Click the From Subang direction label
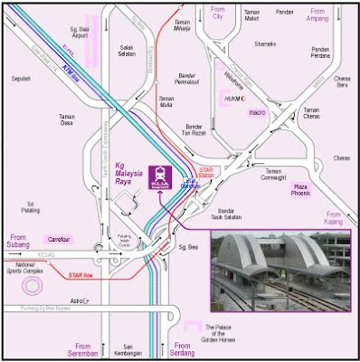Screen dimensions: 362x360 pyautogui.click(x=16, y=241)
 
